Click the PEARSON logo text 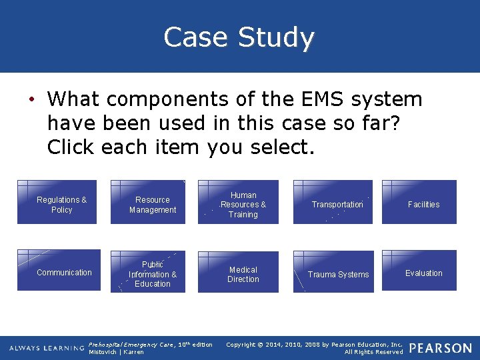coord(441,348)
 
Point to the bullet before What coord(31,100)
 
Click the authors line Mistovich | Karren coord(116,352)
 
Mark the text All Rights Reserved coord(373,352)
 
